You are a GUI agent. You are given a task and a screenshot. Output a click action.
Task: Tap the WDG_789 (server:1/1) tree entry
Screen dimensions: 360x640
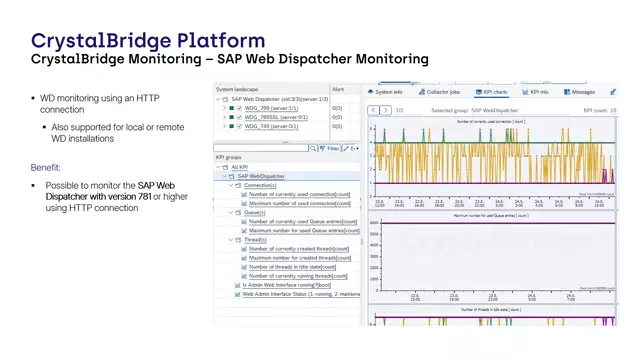pos(265,107)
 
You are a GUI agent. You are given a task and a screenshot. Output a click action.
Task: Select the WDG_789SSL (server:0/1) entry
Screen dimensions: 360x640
pos(269,117)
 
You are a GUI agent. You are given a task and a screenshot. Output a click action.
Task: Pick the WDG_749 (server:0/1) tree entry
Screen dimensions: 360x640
pos(265,126)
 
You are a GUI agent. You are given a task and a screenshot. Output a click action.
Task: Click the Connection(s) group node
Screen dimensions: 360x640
pos(260,185)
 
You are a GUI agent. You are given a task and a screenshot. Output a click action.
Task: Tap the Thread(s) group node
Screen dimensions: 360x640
pos(255,239)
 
